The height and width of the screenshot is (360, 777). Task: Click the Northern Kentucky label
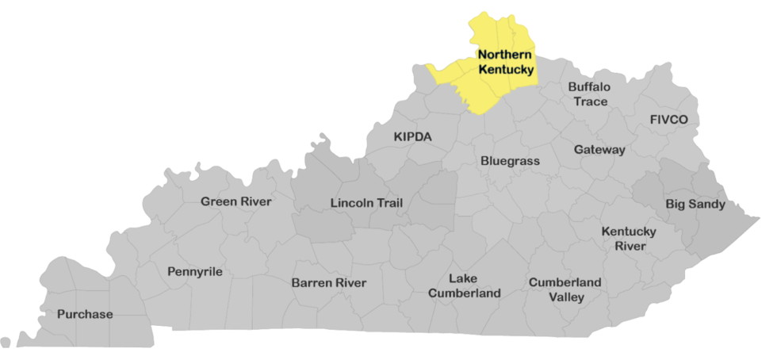pyautogui.click(x=506, y=62)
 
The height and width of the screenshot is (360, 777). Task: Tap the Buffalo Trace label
pyautogui.click(x=589, y=94)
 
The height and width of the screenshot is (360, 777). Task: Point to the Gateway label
pyautogui.click(x=600, y=149)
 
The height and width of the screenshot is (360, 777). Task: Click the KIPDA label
pyautogui.click(x=413, y=137)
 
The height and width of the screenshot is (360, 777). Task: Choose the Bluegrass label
pyautogui.click(x=510, y=161)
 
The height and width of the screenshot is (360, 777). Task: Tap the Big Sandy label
pyautogui.click(x=695, y=205)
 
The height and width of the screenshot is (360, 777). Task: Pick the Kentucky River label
pyautogui.click(x=629, y=239)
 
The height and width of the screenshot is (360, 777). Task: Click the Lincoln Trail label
pyautogui.click(x=366, y=203)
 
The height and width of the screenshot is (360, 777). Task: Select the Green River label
pyautogui.click(x=236, y=201)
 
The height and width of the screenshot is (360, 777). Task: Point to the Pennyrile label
pyautogui.click(x=195, y=272)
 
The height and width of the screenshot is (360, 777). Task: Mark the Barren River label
pyautogui.click(x=329, y=282)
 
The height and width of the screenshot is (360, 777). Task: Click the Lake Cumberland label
pyautogui.click(x=465, y=285)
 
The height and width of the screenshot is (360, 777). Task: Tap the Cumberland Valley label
pyautogui.click(x=565, y=289)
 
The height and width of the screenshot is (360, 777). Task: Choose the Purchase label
pyautogui.click(x=85, y=314)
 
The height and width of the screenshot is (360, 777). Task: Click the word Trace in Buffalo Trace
pyautogui.click(x=589, y=101)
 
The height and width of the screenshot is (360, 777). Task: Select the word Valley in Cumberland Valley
pyautogui.click(x=566, y=297)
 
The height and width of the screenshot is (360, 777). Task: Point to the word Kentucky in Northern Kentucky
pyautogui.click(x=506, y=70)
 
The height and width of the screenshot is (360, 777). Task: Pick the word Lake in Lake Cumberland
pyautogui.click(x=463, y=278)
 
